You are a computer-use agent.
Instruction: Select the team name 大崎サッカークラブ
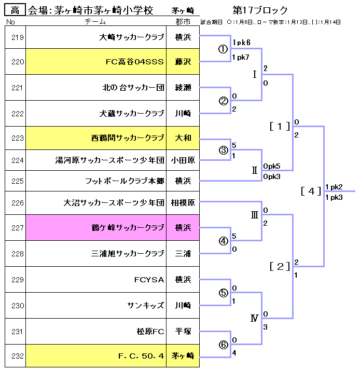(132, 37)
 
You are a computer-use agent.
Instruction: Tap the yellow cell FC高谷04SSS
(135, 62)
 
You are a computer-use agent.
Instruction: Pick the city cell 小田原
(183, 160)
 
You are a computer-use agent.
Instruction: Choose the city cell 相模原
(183, 203)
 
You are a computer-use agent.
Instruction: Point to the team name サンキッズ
(146, 306)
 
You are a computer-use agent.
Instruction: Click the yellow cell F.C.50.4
(141, 356)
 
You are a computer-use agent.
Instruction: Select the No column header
(10, 22)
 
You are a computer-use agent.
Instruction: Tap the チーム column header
(95, 22)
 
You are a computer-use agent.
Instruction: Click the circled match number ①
(223, 49)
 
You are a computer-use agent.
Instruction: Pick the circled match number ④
(223, 241)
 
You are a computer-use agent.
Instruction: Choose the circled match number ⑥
(223, 344)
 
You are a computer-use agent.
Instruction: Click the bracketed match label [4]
(311, 190)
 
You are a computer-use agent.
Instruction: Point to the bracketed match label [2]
(280, 267)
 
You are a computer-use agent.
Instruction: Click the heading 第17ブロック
(260, 10)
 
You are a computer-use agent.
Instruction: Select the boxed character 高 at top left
(15, 10)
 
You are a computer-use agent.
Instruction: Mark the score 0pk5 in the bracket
(272, 166)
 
